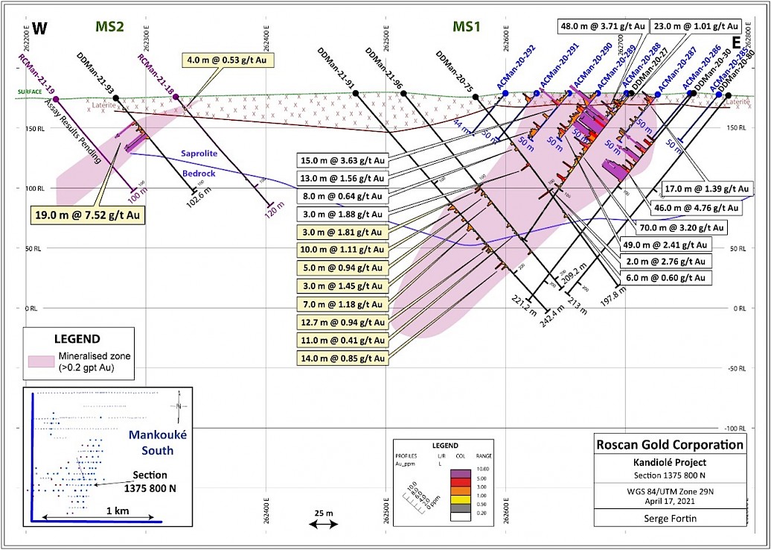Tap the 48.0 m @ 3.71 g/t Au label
click(x=601, y=25)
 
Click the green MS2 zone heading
click(x=109, y=27)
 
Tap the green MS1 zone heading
click(x=467, y=27)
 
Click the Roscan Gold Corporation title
click(x=670, y=445)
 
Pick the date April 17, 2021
click(x=670, y=499)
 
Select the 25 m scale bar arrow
click(x=322, y=525)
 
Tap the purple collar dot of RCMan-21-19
click(x=56, y=99)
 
